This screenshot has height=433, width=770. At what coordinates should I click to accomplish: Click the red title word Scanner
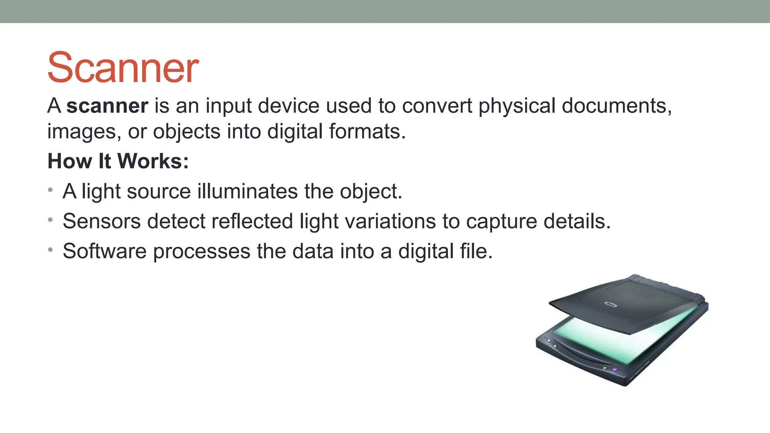(x=123, y=68)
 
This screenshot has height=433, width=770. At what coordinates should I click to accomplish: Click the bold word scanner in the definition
(x=107, y=106)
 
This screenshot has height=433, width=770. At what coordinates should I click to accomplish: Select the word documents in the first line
(x=617, y=106)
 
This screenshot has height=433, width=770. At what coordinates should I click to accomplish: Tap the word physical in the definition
(x=517, y=106)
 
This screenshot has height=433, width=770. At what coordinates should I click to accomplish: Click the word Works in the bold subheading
(x=153, y=161)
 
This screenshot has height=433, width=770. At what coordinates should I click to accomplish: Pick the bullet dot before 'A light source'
(x=50, y=190)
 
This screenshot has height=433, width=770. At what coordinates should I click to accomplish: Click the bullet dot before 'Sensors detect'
(x=50, y=220)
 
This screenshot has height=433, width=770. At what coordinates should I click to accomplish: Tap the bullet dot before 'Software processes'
(x=50, y=250)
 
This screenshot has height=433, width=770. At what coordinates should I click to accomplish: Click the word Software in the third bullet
(x=105, y=251)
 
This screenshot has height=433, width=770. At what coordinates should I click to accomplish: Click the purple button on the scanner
(x=615, y=369)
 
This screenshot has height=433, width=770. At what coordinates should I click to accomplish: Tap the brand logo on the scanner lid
(x=611, y=304)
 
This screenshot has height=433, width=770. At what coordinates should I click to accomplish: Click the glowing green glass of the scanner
(x=624, y=340)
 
